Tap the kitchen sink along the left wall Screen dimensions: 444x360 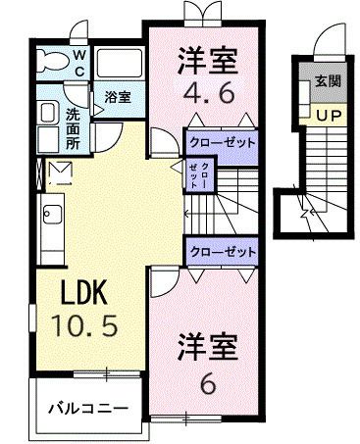pos(52,217)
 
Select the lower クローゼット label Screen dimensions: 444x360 pos(221,252)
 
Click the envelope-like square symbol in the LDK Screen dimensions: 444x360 pos(58,175)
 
